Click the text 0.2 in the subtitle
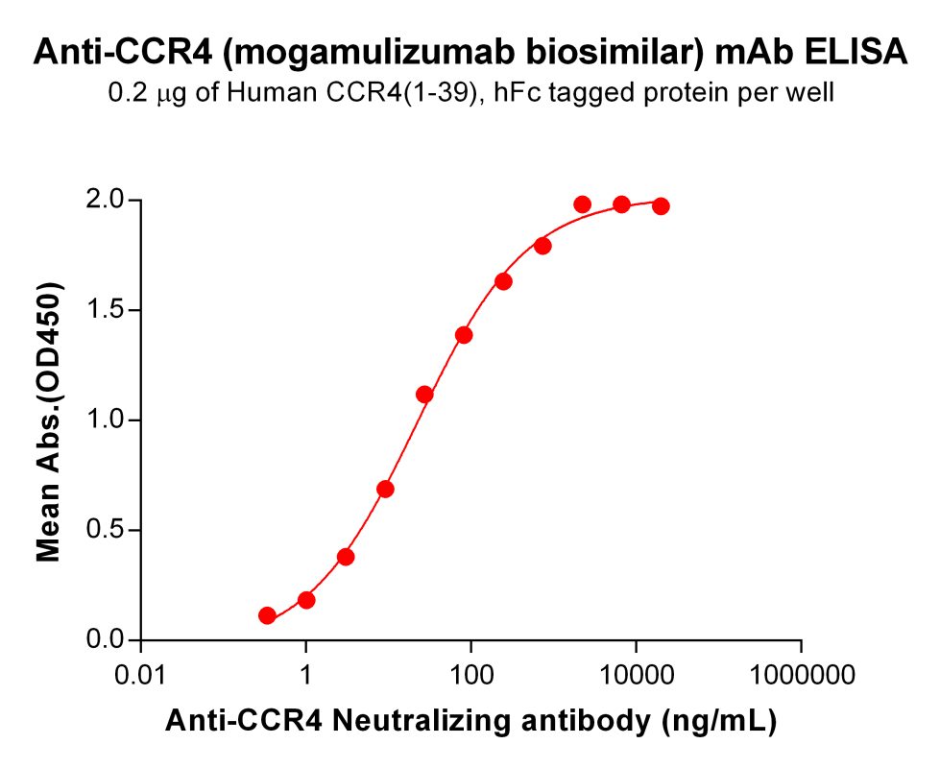(125, 93)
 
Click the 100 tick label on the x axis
(470, 675)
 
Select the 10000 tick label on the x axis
(636, 675)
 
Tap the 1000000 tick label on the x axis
(801, 675)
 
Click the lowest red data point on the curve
(267, 615)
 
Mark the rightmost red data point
(661, 206)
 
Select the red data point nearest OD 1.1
(424, 395)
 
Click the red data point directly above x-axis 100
(464, 335)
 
